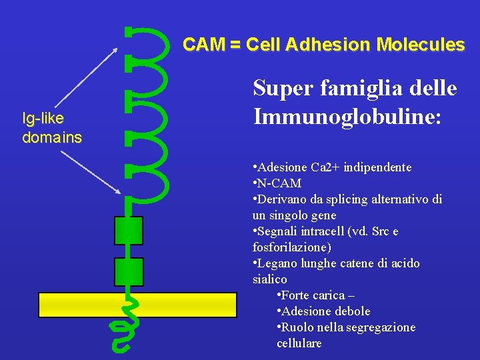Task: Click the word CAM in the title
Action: pos(203,45)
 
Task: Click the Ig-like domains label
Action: pos(51,129)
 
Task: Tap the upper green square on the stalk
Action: pos(129,231)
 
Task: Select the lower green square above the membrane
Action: pos(129,271)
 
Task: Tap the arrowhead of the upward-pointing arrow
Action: pos(116,49)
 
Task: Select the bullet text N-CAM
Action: pos(279,183)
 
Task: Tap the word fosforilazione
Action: pos(289,247)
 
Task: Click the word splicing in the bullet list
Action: pos(343,199)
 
